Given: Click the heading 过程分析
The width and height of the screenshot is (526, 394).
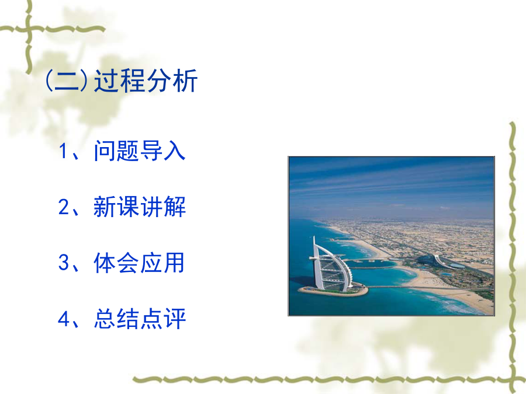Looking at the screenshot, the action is [x=146, y=81].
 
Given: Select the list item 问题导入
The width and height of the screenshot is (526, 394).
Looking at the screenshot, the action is [x=139, y=151].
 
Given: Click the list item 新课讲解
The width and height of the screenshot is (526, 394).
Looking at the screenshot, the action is [x=139, y=207].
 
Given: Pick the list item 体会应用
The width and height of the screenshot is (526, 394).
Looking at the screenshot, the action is [x=139, y=263].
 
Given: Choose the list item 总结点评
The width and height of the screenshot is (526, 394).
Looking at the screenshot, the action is [x=140, y=319].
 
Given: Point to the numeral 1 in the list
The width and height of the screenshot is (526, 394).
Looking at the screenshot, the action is [x=64, y=151].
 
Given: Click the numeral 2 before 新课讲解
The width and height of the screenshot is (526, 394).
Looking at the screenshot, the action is [x=64, y=207].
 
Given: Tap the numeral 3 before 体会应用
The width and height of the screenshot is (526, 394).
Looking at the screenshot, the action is [x=64, y=263].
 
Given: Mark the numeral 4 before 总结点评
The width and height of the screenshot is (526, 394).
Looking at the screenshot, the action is [x=64, y=319].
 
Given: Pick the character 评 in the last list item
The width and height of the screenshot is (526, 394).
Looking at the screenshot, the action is [x=175, y=319].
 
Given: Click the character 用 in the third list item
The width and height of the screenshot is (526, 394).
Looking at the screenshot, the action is [x=174, y=263].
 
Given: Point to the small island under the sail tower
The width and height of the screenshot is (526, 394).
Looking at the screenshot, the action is [x=333, y=290].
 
